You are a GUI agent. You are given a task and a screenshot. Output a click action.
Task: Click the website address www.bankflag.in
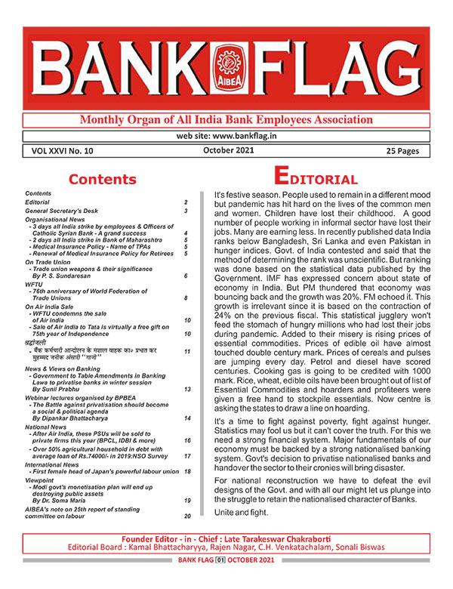(226, 136)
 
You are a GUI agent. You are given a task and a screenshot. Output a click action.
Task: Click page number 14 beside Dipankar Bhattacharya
(186, 418)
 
